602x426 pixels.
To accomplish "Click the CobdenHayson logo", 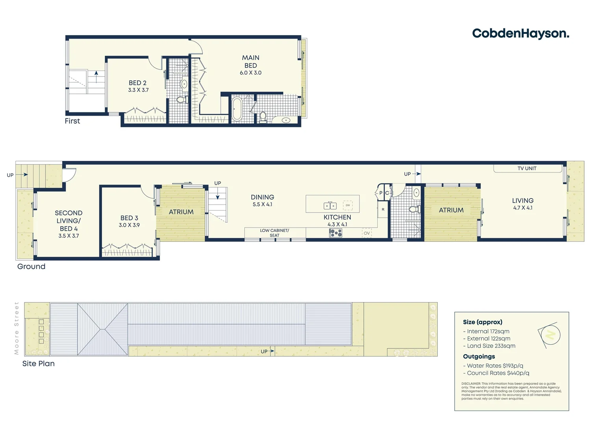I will coord(520,34).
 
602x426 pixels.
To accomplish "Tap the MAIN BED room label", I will coord(251,62).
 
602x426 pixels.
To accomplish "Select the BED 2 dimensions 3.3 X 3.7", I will coord(138,90).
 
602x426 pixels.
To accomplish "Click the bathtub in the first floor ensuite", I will coord(237,109).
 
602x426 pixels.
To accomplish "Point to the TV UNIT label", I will coord(527,168).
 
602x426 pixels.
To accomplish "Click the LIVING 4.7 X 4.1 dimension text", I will coord(522,208).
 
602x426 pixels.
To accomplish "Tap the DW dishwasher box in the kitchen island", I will coord(347,206).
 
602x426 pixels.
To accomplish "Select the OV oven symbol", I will coord(367,233).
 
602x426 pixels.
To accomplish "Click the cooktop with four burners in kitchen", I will coord(336,233).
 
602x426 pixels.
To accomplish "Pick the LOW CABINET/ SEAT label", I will coord(275,233).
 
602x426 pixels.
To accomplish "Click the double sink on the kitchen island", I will coord(330,206).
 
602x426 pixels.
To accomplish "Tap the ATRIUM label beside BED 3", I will coord(181,212).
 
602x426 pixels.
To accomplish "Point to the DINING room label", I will coord(262,197).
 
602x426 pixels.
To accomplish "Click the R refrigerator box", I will coord(383,209).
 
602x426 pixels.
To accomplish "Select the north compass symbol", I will coord(550,334).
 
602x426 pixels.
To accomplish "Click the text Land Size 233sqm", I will coord(491,346).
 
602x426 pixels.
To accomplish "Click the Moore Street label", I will coord(17,328).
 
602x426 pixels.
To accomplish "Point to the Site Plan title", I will coord(38,364).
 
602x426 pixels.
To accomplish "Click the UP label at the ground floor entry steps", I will coord(10,175).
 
